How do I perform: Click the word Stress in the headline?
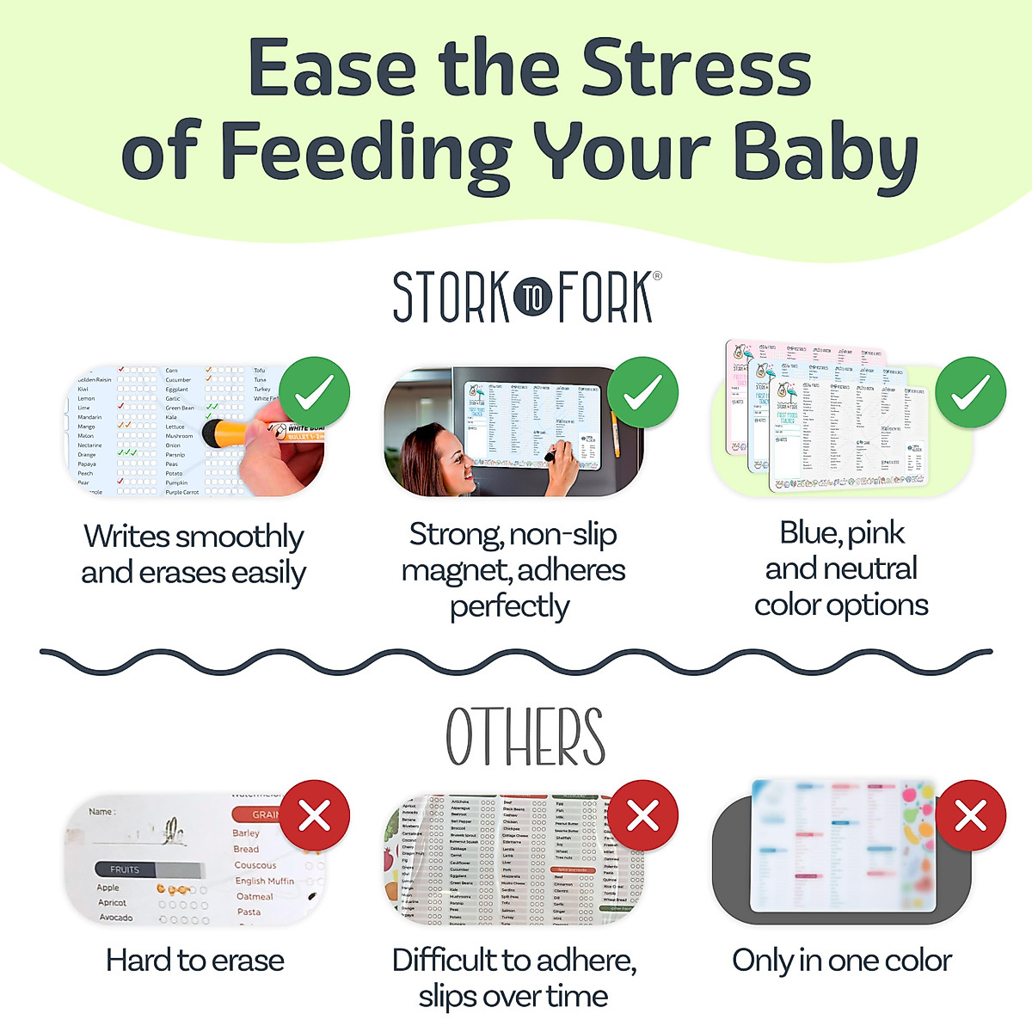696,69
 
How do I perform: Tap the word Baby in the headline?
826,153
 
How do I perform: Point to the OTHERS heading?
525,738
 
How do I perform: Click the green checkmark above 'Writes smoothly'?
314,392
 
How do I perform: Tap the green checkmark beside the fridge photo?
642,392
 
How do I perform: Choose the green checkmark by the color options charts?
971,392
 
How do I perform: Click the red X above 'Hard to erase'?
314,815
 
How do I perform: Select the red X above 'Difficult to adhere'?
642,815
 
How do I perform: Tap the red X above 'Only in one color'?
971,815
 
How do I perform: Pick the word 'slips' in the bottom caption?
448,997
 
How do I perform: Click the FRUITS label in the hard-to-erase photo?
125,869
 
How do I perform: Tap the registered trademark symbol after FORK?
657,276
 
